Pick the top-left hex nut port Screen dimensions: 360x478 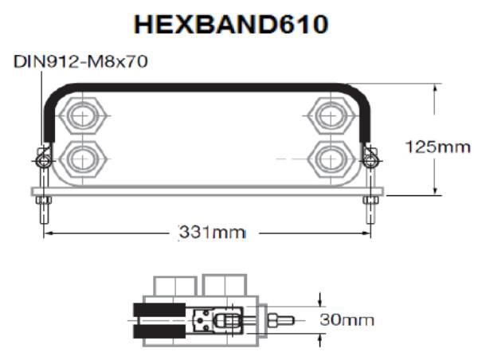pos(79,116)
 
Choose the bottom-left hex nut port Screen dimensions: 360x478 pos(79,158)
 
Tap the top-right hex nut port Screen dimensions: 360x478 pos(327,116)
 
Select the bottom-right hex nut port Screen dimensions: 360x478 pos(327,158)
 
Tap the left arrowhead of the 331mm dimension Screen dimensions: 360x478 pos(48,233)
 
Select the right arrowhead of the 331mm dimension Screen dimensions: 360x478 pos(367,233)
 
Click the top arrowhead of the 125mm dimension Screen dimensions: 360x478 pos(434,88)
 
